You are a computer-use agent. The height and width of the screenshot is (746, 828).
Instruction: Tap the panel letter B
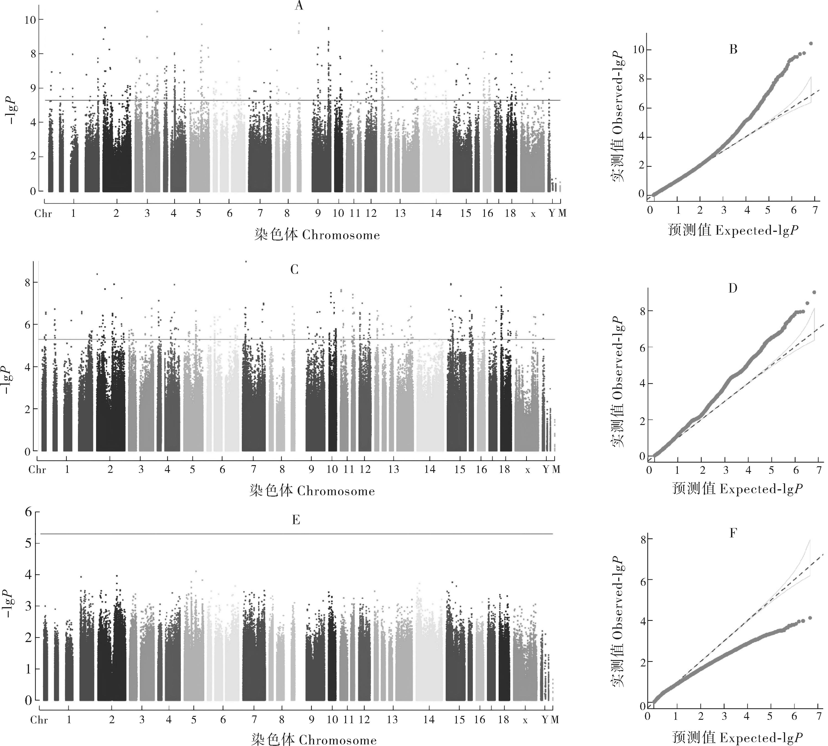point(733,50)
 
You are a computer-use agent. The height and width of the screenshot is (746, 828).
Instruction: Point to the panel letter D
point(733,289)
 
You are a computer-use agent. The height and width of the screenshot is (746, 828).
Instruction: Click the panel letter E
point(296,520)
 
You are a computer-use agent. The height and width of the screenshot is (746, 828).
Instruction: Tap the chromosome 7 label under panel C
point(254,469)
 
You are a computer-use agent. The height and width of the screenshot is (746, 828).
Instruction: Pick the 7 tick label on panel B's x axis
point(815,210)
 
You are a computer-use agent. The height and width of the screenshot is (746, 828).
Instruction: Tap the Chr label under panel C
point(37,470)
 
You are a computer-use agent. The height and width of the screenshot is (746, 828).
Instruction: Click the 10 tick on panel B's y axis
point(639,50)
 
